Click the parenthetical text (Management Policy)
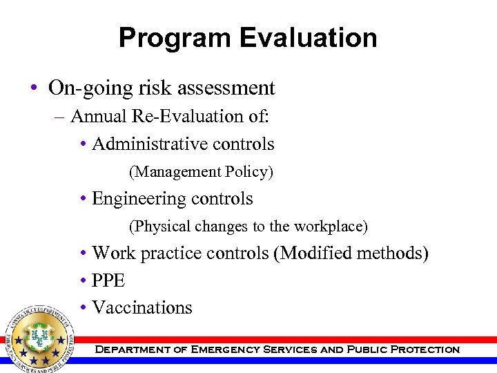coord(201,171)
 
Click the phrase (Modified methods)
coord(351,254)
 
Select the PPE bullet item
coord(108,280)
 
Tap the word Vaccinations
coord(142,307)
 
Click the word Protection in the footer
coord(425,350)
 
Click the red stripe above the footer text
coord(290,340)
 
